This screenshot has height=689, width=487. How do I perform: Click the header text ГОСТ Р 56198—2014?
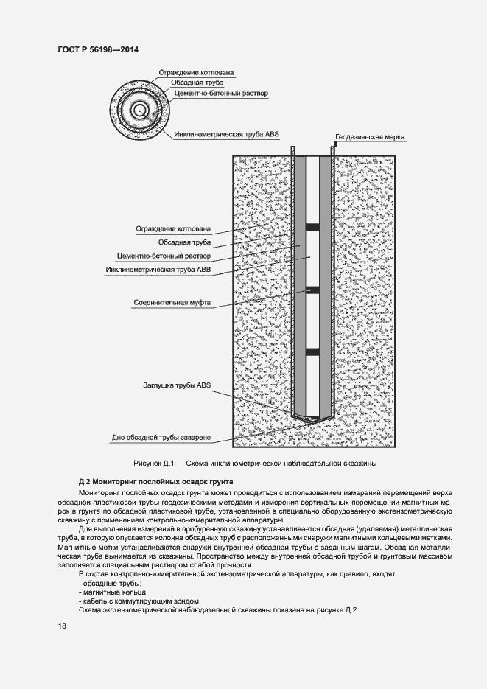[97, 49]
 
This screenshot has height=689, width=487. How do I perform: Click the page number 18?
[62, 626]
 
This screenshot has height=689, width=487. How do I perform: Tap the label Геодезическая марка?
[370, 137]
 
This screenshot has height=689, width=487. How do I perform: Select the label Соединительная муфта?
[172, 303]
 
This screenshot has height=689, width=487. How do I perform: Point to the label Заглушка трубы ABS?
[177, 385]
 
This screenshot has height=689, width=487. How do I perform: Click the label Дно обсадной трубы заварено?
[161, 438]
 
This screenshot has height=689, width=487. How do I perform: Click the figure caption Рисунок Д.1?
[255, 464]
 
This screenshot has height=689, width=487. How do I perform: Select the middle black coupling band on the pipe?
[312, 290]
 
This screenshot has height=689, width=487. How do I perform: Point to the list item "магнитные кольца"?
[113, 592]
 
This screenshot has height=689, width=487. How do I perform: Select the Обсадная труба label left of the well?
[184, 242]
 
